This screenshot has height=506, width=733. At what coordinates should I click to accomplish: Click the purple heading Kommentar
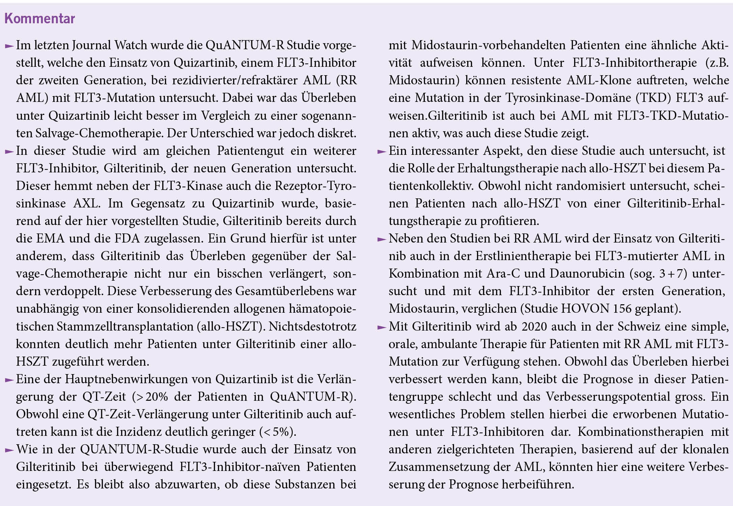pyautogui.click(x=39, y=19)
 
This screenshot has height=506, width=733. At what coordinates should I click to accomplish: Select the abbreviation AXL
pyautogui.click(x=86, y=203)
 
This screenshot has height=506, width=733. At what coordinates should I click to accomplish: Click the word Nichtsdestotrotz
pyautogui.click(x=312, y=327)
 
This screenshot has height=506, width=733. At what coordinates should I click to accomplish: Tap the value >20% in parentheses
pyautogui.click(x=151, y=397)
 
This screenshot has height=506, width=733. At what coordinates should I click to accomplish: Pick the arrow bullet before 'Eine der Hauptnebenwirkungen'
pyautogui.click(x=9, y=380)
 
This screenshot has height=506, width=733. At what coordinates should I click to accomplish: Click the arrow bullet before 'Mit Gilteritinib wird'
pyautogui.click(x=382, y=327)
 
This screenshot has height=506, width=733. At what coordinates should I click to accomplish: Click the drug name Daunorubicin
pyautogui.click(x=587, y=274)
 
